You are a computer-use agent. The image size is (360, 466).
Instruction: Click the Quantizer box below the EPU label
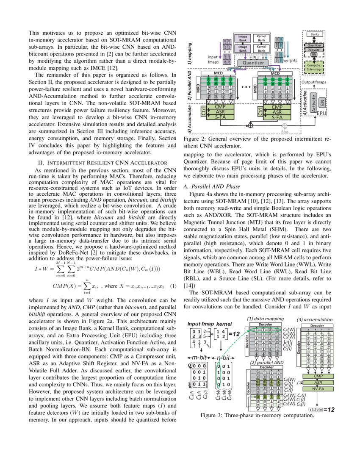pos(253,63)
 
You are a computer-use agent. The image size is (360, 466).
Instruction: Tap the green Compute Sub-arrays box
pos(314,68)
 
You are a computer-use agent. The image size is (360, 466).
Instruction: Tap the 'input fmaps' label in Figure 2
pos(213,59)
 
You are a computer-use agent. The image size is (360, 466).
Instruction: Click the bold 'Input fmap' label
pos(200,324)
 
